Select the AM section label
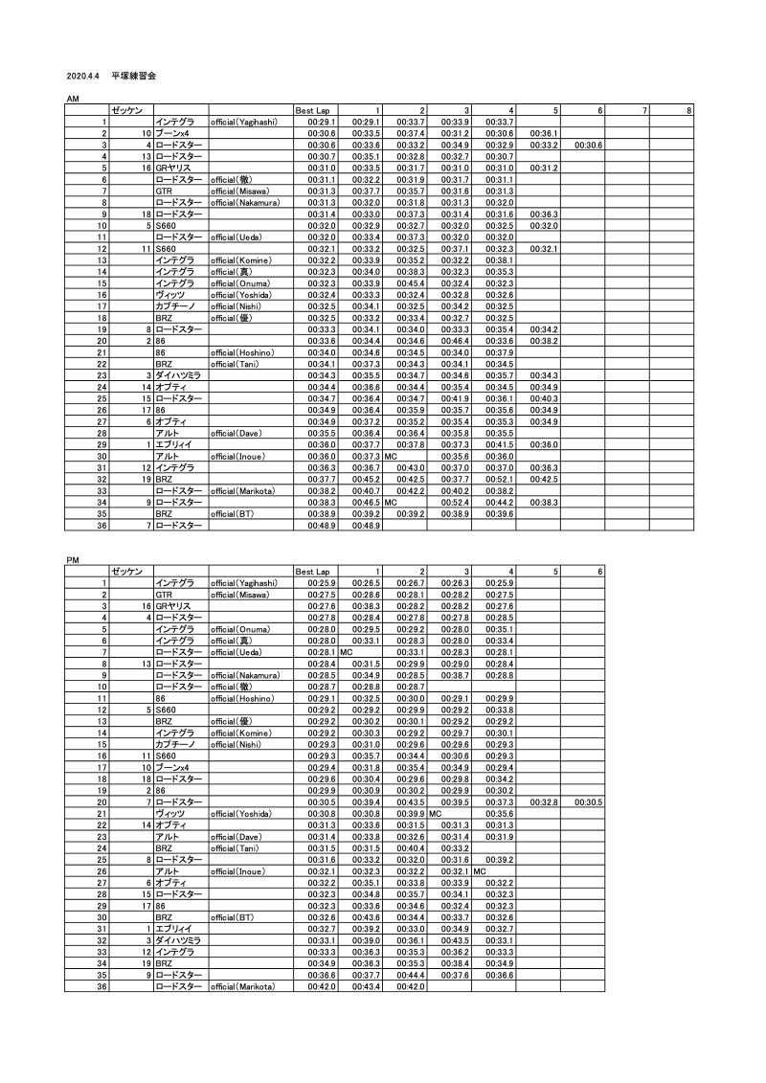pyautogui.click(x=72, y=100)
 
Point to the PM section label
pyautogui.click(x=72, y=558)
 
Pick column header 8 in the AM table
pyautogui.click(x=689, y=111)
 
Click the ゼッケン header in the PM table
pyautogui.click(x=127, y=571)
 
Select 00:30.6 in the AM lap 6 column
pyautogui.click(x=588, y=145)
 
